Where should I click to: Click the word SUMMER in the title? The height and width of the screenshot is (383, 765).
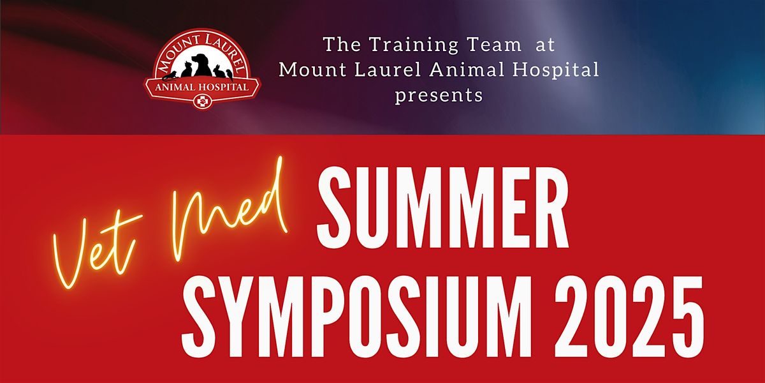click(x=443, y=207)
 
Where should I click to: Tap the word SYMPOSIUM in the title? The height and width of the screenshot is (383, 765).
click(x=356, y=317)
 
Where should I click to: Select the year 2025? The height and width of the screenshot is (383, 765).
click(x=629, y=317)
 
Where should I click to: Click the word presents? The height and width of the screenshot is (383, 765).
click(x=439, y=95)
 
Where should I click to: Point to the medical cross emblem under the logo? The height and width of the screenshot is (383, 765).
click(x=202, y=101)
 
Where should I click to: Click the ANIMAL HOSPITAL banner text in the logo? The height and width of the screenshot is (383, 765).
click(x=202, y=87)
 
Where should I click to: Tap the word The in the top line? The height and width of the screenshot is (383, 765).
click(x=342, y=45)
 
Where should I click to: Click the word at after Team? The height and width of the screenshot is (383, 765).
click(x=544, y=45)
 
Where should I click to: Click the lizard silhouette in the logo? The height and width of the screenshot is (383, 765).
click(x=170, y=75)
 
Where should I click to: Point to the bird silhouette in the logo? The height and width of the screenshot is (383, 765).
click(x=229, y=73)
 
